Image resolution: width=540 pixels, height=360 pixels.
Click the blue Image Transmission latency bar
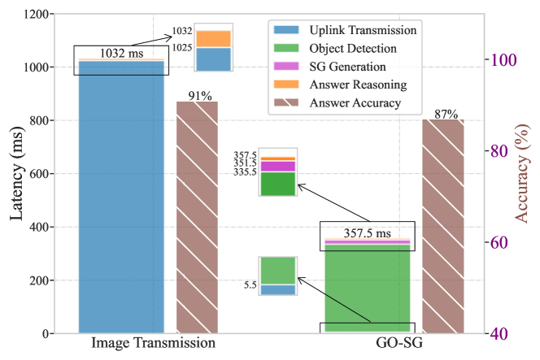(x=122, y=203)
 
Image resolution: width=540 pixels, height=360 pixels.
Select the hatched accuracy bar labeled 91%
(x=197, y=219)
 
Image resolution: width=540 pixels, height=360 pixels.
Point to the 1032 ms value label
(x=121, y=54)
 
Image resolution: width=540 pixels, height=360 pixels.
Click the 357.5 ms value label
(x=368, y=231)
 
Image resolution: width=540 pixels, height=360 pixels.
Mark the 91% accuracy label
(x=198, y=93)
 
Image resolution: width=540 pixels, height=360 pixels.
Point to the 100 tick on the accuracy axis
(x=501, y=60)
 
